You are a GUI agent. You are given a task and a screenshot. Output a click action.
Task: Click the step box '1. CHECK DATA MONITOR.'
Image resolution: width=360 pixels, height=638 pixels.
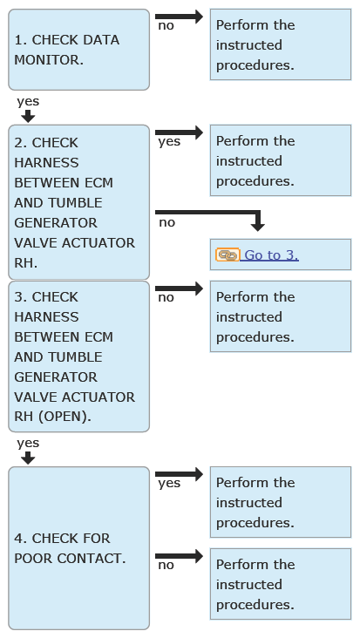pyautogui.click(x=79, y=50)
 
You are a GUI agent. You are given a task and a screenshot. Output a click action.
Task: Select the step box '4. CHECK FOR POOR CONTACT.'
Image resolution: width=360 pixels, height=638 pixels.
pyautogui.click(x=79, y=548)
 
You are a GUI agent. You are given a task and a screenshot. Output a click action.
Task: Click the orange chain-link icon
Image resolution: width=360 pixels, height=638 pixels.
pyautogui.click(x=228, y=255)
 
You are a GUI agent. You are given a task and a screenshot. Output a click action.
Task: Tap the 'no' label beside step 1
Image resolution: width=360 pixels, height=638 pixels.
pyautogui.click(x=166, y=26)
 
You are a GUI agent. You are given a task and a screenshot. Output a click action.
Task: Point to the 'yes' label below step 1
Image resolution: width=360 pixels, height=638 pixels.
pyautogui.click(x=28, y=101)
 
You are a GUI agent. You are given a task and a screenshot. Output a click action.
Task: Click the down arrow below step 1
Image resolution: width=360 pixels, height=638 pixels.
pyautogui.click(x=28, y=116)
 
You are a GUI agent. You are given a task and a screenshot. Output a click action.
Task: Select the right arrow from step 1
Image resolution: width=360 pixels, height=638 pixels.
pyautogui.click(x=179, y=17)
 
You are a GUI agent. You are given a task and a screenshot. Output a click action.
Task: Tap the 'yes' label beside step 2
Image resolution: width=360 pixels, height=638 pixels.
pyautogui.click(x=169, y=142)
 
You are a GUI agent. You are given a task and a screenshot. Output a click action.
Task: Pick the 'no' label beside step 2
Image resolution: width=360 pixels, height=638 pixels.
pyautogui.click(x=166, y=223)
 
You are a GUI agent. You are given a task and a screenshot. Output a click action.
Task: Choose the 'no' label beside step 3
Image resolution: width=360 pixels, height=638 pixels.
pyautogui.click(x=166, y=298)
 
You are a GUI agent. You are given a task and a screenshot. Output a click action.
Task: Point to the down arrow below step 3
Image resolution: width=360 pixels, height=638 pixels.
pyautogui.click(x=28, y=458)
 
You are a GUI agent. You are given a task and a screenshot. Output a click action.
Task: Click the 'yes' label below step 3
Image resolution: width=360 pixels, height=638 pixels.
pyautogui.click(x=28, y=443)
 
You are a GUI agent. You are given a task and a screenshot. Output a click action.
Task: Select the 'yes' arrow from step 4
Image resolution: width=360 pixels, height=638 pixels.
pyautogui.click(x=179, y=474)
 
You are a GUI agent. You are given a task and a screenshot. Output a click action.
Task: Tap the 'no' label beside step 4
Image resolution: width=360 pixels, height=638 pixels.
pyautogui.click(x=166, y=565)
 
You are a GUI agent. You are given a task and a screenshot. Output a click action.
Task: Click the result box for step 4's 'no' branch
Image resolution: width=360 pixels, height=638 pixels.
pyautogui.click(x=281, y=584)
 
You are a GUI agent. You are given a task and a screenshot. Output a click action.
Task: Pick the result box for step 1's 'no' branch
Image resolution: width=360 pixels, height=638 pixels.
pyautogui.click(x=281, y=44)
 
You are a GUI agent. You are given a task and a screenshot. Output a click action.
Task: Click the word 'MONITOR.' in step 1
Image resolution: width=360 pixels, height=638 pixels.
pyautogui.click(x=49, y=60)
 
